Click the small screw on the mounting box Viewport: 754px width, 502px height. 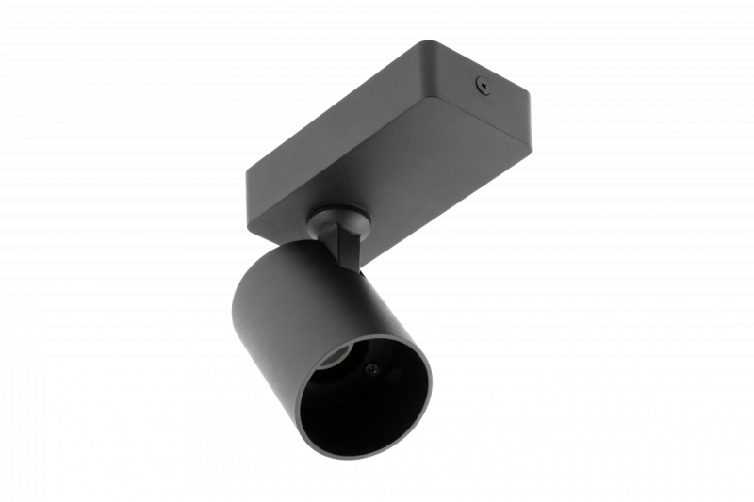[483, 86]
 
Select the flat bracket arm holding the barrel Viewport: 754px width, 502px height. [348, 250]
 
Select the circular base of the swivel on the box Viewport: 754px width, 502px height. [337, 211]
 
